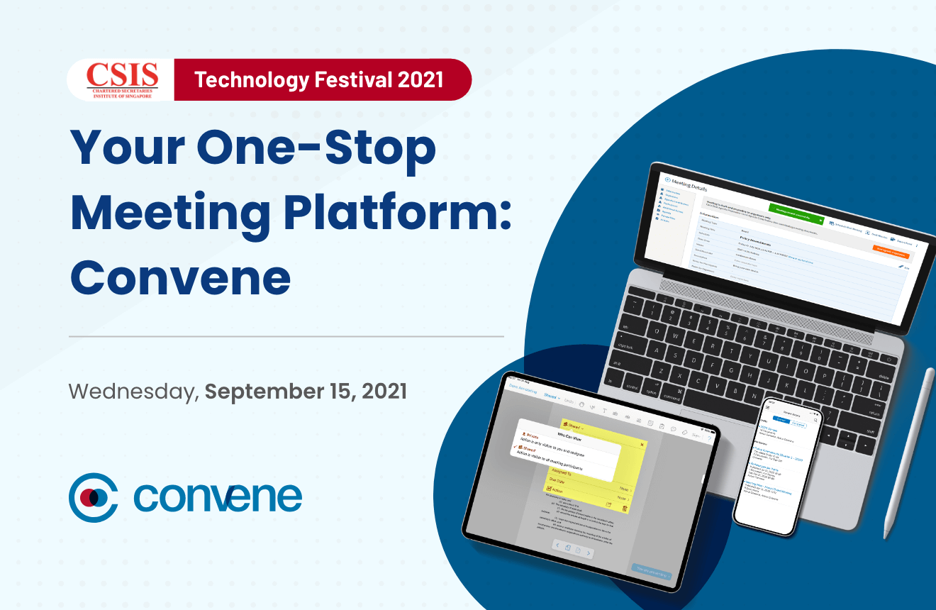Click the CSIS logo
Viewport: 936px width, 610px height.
click(x=121, y=79)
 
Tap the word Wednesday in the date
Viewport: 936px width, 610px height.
click(x=133, y=392)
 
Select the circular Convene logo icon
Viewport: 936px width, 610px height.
click(x=93, y=497)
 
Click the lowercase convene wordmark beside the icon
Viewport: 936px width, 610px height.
click(x=217, y=497)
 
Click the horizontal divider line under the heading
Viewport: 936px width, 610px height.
click(x=286, y=336)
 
